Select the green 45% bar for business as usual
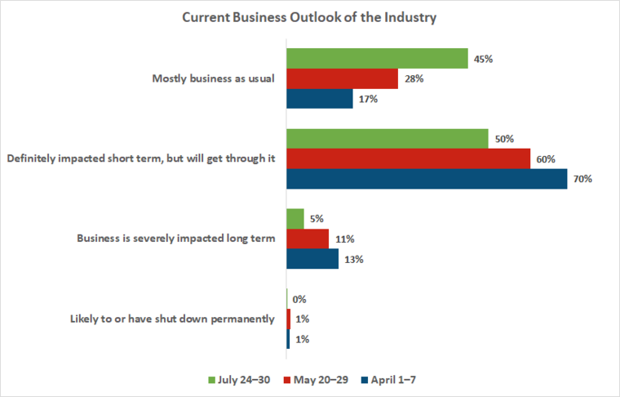376,58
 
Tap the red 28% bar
342,78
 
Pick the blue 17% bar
319,99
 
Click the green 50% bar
387,138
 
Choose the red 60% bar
408,158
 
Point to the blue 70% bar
427,179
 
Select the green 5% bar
295,219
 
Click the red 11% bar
308,239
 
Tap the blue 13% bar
312,259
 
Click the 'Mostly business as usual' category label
214,78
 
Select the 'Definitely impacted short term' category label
139,158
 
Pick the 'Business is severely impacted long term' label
175,239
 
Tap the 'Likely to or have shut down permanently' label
172,319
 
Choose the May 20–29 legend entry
316,380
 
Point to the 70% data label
582,179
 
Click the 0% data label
300,299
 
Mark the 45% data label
482,58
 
